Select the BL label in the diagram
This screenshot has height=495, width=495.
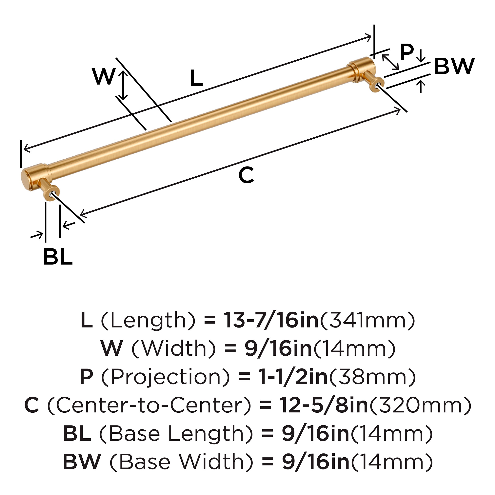[x=58, y=256]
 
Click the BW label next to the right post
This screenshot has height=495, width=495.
[x=454, y=66]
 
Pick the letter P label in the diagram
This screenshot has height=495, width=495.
[x=407, y=53]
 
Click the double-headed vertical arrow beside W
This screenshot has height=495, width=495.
[x=123, y=85]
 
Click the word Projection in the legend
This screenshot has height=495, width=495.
[x=165, y=377]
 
